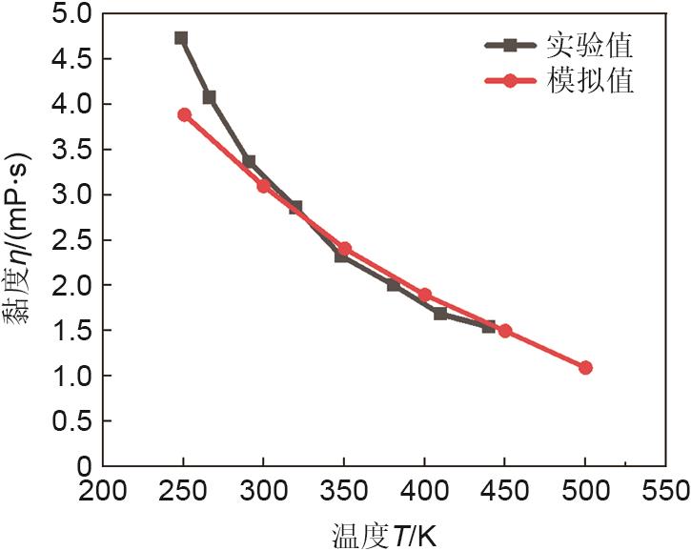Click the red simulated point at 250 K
184,115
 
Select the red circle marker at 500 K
585,367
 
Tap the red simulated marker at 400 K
425,295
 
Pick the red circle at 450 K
505,331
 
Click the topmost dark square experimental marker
181,38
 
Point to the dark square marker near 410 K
440,313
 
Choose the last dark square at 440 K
489,326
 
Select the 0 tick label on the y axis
84,466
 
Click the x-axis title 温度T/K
383,531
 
